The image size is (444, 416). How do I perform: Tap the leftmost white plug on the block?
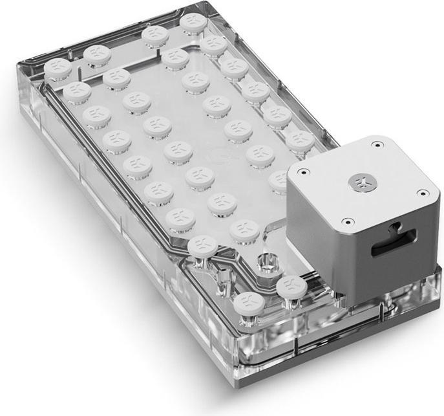click(x=58, y=67)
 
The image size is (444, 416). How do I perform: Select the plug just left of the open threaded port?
click(x=203, y=246)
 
